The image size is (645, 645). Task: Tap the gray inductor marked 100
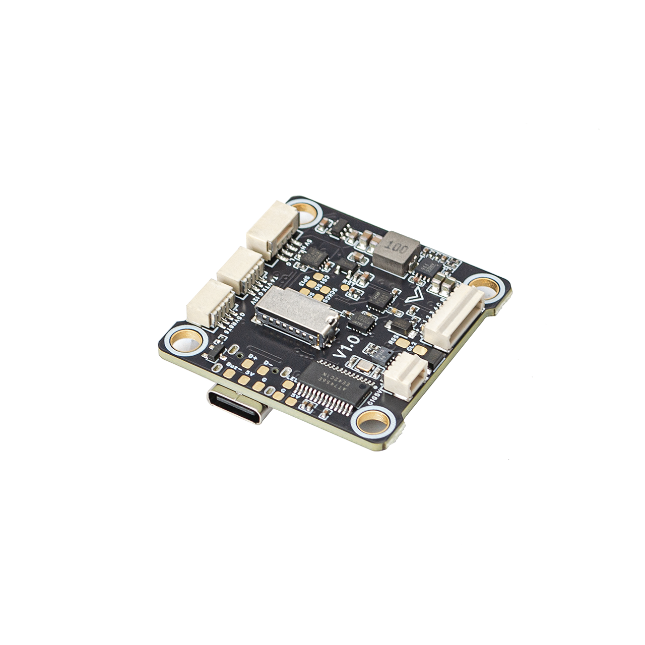coord(397,251)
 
